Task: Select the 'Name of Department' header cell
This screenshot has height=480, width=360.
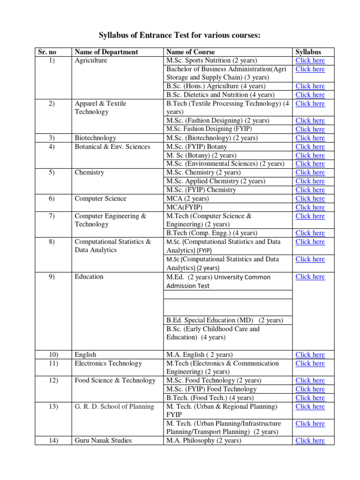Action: coord(106,52)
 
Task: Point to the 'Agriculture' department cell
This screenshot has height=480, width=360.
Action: coord(91,60)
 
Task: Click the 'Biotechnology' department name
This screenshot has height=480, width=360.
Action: coord(96,138)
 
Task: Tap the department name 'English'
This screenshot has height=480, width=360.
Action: coord(85,355)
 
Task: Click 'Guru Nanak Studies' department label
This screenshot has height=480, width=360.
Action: coord(103,441)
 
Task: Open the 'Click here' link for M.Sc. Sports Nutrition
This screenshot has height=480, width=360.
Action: coord(310,60)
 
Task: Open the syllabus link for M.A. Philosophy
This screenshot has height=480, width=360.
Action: coord(310,441)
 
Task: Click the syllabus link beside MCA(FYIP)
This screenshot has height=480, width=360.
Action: coord(310,207)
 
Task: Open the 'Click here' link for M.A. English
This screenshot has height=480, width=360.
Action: coord(310,355)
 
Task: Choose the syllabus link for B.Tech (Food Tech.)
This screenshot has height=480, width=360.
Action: coord(310,398)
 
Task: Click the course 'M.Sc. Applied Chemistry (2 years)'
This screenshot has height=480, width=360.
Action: coord(216,181)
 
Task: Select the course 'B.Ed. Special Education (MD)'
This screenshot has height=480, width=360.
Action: coord(225,320)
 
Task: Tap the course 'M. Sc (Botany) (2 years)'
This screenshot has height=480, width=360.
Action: coord(202,155)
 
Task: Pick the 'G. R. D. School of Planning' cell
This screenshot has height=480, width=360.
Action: coord(114,406)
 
